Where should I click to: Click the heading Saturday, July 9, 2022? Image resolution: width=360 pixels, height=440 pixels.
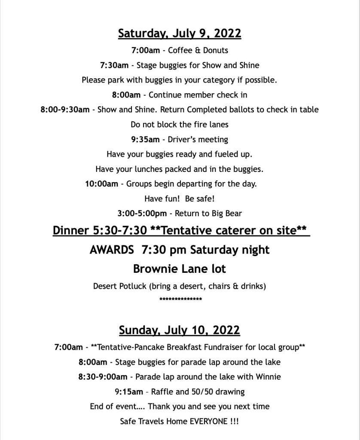coord(180,34)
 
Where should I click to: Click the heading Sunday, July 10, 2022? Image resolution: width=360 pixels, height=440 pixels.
coord(180,330)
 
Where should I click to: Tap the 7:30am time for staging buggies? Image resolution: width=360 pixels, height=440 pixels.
coord(114,65)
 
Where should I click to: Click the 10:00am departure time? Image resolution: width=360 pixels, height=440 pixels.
coord(101,184)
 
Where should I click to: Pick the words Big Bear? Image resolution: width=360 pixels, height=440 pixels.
coord(226,214)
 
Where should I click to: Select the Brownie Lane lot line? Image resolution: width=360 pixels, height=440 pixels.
coord(180,269)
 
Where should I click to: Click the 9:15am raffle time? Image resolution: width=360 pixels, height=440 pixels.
coord(129,391)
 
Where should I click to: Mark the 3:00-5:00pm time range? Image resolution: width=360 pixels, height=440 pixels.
coord(142,214)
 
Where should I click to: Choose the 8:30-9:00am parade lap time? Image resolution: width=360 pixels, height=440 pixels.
coord(103,377)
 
